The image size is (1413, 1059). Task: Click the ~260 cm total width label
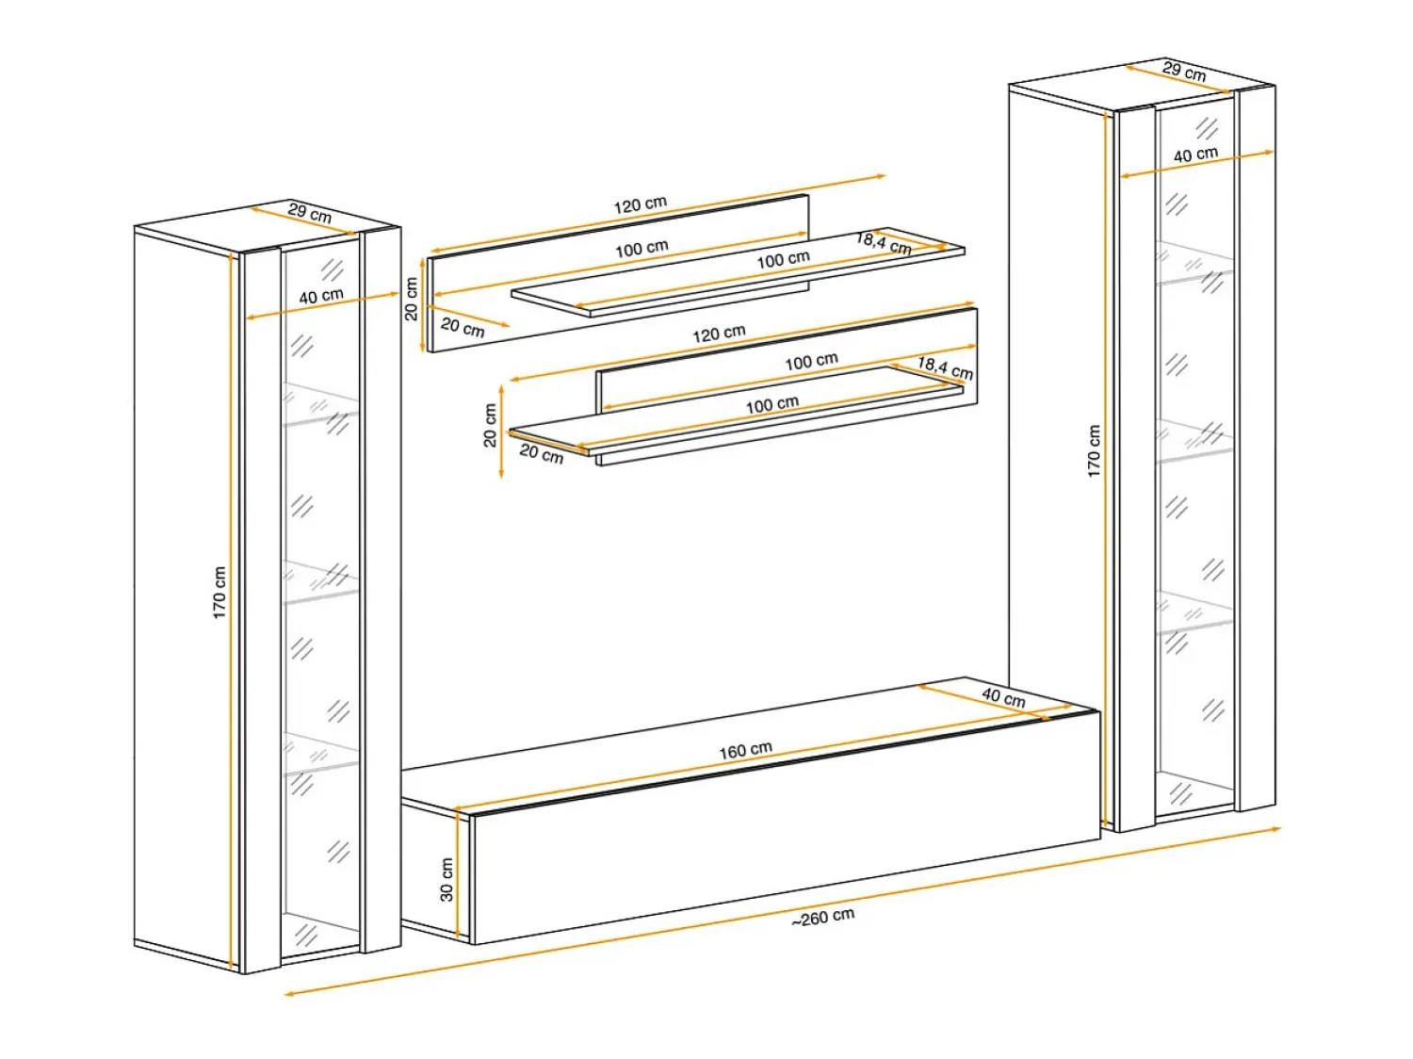point(822,917)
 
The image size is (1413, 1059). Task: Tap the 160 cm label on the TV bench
point(745,749)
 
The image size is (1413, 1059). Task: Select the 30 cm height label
point(447,879)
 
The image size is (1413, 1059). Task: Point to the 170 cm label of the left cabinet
point(219,593)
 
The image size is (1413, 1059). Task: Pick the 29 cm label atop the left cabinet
point(309,212)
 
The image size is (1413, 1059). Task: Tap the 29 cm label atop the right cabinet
point(1184,70)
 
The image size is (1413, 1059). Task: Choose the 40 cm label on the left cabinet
point(320,296)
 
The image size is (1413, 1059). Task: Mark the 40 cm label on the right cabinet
point(1195,155)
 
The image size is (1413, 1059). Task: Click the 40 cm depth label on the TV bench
point(1003,697)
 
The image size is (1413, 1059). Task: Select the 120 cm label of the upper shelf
point(640,204)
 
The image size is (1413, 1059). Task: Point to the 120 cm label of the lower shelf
point(719,333)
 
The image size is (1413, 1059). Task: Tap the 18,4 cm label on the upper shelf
point(884,243)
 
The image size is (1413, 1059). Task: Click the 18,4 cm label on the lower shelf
point(945,367)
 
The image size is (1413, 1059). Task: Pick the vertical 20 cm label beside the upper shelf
point(411,299)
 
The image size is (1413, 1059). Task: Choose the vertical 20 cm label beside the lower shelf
point(490,425)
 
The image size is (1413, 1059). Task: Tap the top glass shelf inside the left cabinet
point(320,403)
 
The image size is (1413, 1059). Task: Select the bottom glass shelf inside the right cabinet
point(1194,611)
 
